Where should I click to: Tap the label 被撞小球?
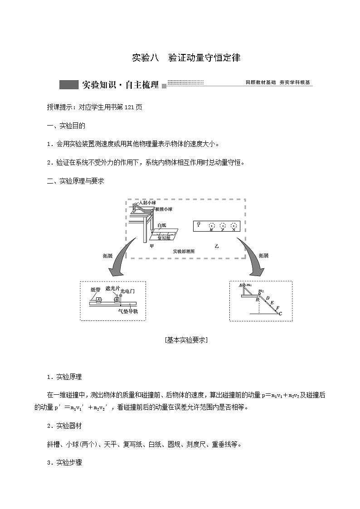click(163, 209)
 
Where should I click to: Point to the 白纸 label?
click(162, 225)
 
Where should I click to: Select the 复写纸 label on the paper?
click(164, 237)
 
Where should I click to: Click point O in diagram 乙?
click(198, 223)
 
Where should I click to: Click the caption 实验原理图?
click(184, 251)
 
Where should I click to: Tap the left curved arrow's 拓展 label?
click(107, 255)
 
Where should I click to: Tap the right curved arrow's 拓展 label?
click(263, 255)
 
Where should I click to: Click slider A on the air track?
click(99, 299)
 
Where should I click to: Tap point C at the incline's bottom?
click(280, 313)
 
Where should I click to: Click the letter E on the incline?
click(271, 302)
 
